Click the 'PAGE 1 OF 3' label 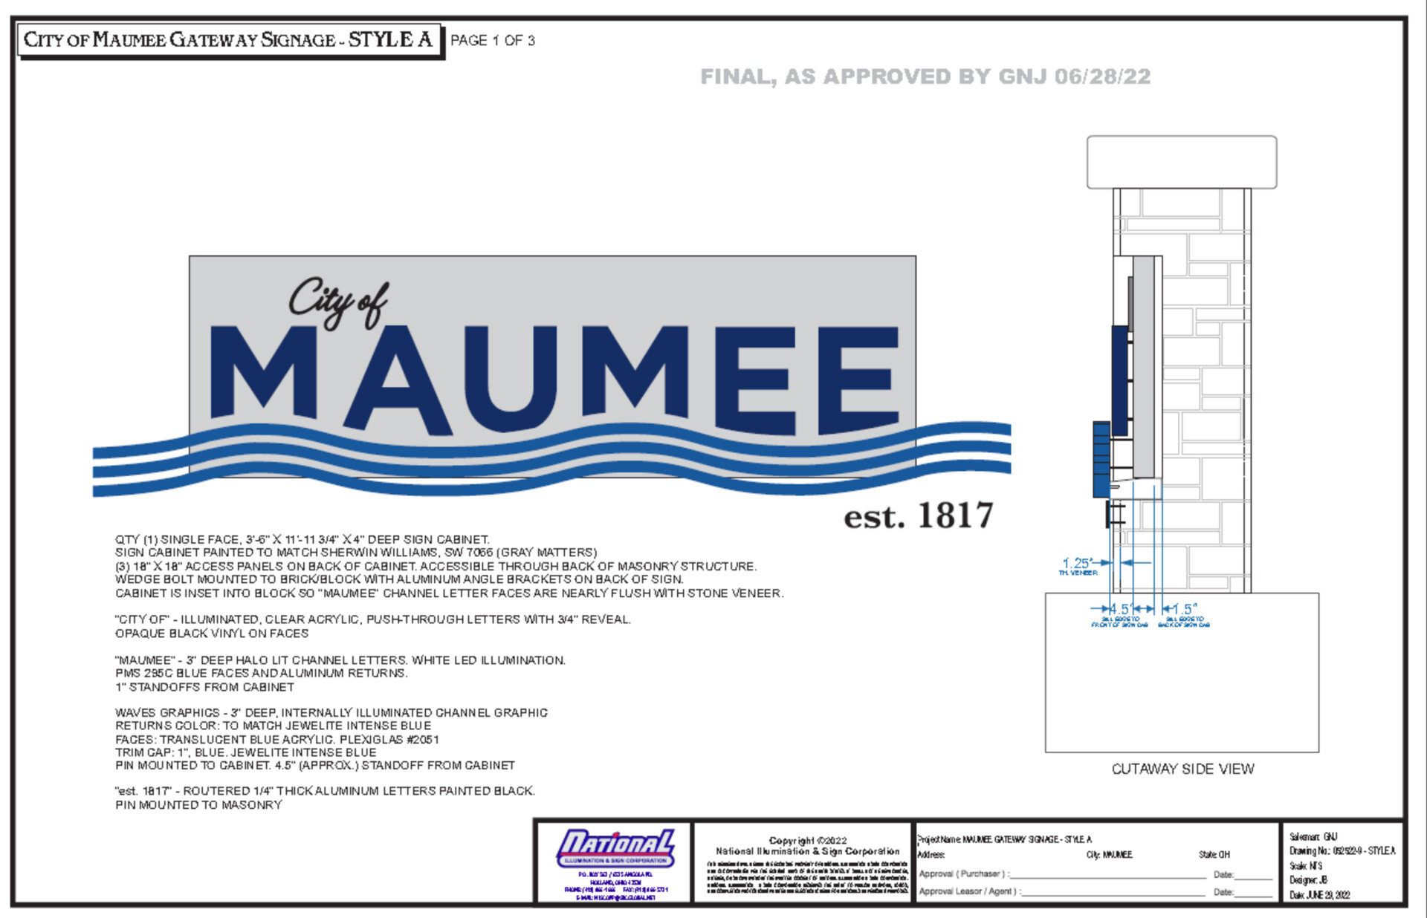click(492, 40)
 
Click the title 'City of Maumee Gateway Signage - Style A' click(228, 39)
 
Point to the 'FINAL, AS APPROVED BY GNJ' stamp click(925, 76)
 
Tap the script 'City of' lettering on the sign click(338, 301)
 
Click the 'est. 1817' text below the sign click(918, 515)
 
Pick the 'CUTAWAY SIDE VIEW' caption click(1182, 769)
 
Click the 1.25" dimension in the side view click(1077, 563)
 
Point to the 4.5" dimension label click(1120, 609)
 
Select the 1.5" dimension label click(1184, 609)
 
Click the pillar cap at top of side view click(1182, 162)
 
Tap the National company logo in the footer click(615, 848)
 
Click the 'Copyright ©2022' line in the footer click(807, 840)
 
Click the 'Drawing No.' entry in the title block click(1342, 851)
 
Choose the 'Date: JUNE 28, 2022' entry click(1319, 895)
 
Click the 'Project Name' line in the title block click(1005, 839)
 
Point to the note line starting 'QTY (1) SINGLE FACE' click(302, 539)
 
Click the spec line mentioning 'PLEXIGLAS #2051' click(276, 739)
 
